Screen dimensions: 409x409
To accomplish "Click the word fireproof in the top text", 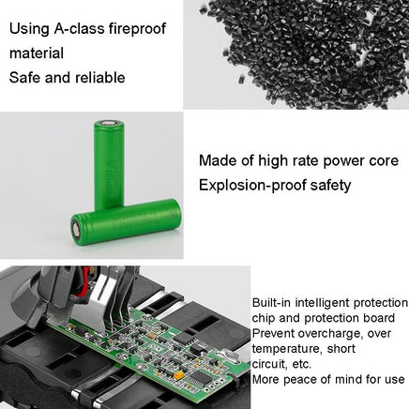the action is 137,29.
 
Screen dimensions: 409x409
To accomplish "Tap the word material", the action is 37,53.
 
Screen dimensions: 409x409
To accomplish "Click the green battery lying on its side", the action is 126,221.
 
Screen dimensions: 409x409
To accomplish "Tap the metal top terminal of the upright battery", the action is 109,123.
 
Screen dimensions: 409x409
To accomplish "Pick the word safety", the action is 331,186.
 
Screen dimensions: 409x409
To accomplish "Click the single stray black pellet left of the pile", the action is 242,80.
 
